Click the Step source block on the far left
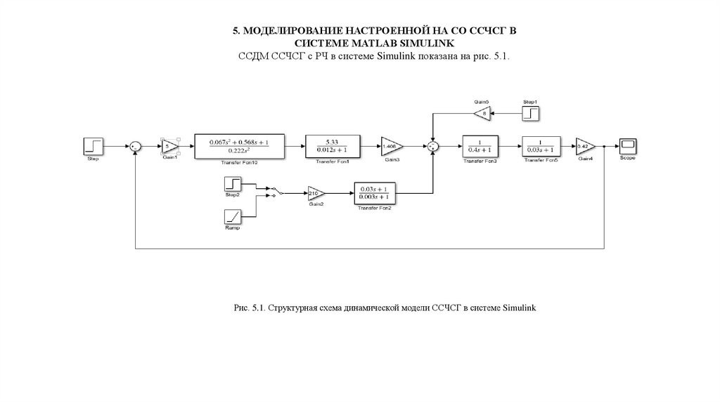click(x=94, y=145)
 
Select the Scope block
click(x=627, y=145)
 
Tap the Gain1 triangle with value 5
click(x=169, y=146)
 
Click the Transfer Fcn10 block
click(x=238, y=145)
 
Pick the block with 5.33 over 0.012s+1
click(x=329, y=145)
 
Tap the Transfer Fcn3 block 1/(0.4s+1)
click(x=480, y=145)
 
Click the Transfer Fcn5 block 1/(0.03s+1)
click(x=541, y=145)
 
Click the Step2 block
click(x=233, y=184)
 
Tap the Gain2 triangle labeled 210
click(x=314, y=192)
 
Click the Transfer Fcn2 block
click(x=373, y=192)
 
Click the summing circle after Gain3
click(x=434, y=146)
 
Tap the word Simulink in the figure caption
click(x=520, y=308)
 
